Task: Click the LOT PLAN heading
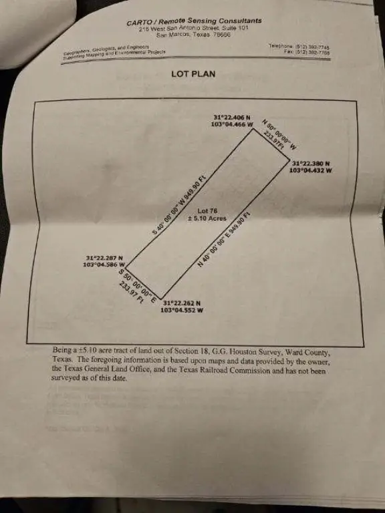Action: (192, 73)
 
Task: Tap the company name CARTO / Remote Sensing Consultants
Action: (194, 21)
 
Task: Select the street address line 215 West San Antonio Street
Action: (194, 29)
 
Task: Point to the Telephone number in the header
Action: (299, 46)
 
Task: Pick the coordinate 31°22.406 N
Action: (231, 118)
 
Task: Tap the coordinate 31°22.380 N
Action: (311, 164)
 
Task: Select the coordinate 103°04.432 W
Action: (311, 170)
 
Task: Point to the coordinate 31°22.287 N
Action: (104, 258)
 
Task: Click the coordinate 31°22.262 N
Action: (182, 303)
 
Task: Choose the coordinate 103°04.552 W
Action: (182, 311)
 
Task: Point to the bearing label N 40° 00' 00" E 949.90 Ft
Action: (225, 239)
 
